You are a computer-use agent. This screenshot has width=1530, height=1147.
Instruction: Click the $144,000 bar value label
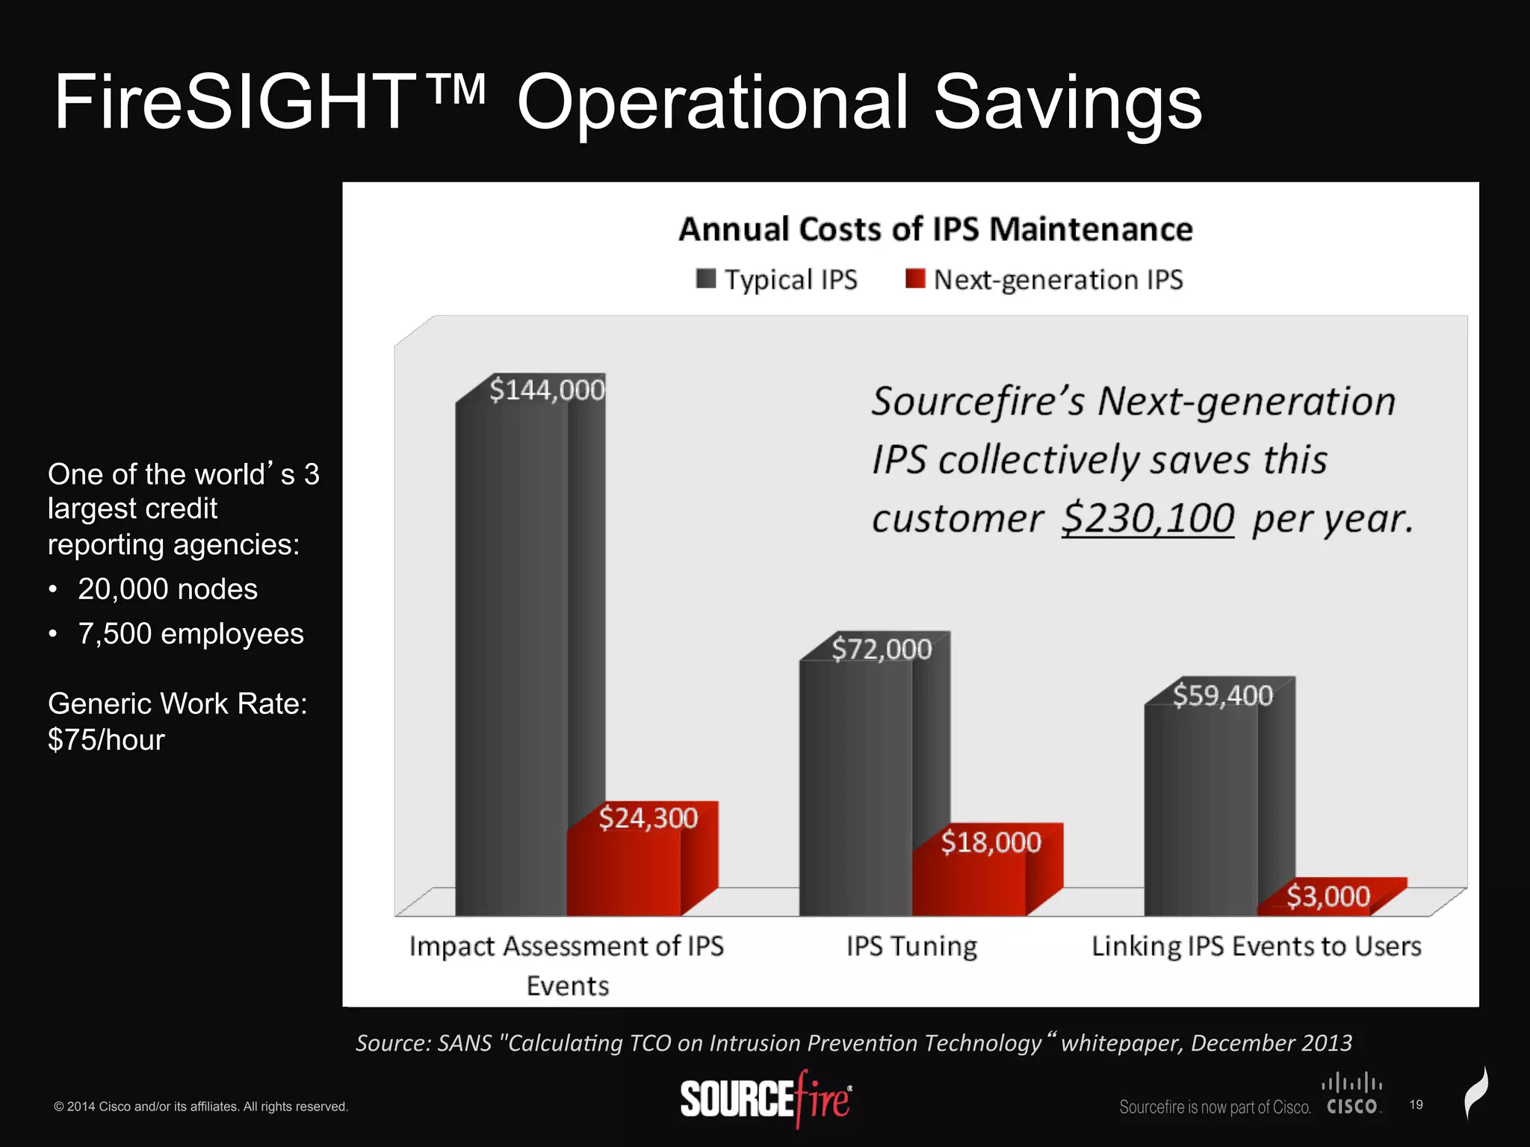[546, 390]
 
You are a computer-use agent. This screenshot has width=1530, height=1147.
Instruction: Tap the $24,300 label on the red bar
[648, 818]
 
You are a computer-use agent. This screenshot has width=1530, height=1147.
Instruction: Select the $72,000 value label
[882, 649]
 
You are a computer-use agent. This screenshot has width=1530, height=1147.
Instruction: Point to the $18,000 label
[990, 842]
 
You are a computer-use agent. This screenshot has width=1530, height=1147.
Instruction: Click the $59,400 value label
[1222, 695]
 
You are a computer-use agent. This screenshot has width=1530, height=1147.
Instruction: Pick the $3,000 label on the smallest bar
[1328, 896]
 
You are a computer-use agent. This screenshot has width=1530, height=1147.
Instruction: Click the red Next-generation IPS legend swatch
[914, 279]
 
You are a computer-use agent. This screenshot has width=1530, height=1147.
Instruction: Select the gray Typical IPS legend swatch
[705, 279]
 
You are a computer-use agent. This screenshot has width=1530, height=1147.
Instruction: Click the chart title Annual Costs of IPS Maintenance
[935, 229]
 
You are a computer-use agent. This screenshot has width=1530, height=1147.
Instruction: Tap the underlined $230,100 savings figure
[1147, 517]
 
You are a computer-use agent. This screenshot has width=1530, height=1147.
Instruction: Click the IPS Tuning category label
[911, 946]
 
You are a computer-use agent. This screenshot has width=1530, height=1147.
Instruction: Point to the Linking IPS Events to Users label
[1256, 946]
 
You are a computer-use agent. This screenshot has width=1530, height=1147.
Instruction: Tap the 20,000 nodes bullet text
[167, 589]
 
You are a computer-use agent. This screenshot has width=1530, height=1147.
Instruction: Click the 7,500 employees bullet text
[191, 633]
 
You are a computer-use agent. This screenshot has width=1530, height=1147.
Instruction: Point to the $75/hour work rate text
[106, 739]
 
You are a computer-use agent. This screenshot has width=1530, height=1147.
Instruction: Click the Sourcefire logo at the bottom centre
[765, 1099]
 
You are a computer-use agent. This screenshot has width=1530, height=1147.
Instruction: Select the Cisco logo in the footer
[1352, 1095]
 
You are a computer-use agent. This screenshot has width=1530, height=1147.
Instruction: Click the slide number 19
[1416, 1104]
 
